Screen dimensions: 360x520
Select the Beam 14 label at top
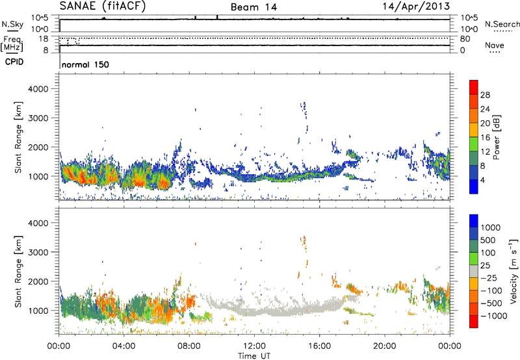255,7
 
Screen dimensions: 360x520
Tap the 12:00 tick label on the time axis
254,345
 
